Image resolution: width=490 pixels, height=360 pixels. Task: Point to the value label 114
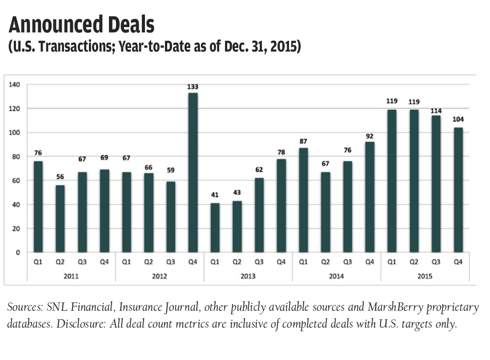coord(436,110)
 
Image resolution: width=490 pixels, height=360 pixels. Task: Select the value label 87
coord(303,142)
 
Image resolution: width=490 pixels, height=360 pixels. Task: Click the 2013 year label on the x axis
coord(248,276)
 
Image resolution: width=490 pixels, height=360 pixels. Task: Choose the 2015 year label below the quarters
coord(425,276)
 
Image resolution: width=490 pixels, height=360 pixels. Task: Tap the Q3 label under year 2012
coord(170,262)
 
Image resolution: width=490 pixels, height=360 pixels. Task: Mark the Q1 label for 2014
coord(303,262)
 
